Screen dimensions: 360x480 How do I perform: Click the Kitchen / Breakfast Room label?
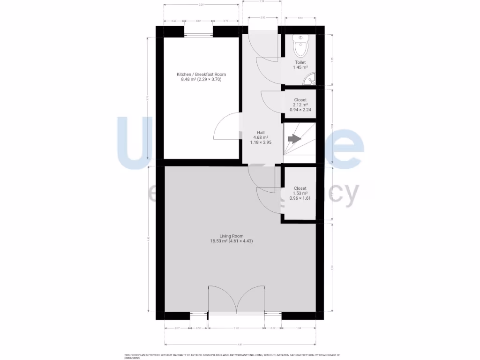pos(201,75)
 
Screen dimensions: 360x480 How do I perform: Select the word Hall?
pos(261,132)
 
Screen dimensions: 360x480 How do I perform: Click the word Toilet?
pos(300,62)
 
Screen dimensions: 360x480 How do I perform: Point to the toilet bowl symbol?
pos(300,47)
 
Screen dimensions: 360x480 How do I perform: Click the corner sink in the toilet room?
pos(310,81)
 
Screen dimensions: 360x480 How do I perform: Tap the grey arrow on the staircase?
pos(294,139)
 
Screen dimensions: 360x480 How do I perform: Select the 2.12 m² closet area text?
pos(300,105)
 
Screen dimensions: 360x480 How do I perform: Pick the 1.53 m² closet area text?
pos(300,193)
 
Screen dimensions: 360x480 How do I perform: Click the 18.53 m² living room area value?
pos(218,241)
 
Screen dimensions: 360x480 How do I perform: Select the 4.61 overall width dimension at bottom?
pos(240,345)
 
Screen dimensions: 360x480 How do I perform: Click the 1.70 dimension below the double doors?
pos(236,328)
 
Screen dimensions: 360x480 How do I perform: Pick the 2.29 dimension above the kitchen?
pos(201,5)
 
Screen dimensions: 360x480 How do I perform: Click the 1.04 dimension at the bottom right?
pos(299,328)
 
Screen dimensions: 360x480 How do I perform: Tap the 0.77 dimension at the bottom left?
pos(177,328)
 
